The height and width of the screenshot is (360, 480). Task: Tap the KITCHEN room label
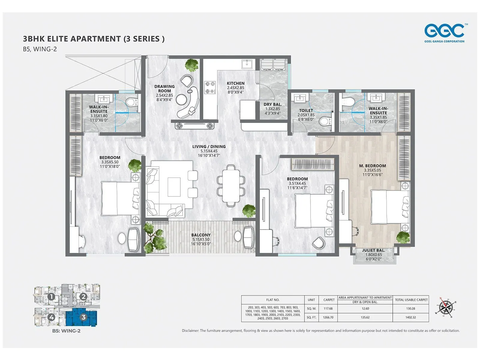(x=235, y=83)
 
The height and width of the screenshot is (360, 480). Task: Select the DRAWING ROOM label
(x=164, y=88)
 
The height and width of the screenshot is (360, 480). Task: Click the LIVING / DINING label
(x=209, y=147)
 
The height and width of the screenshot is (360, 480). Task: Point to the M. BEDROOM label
(x=372, y=166)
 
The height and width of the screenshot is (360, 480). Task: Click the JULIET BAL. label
(x=373, y=250)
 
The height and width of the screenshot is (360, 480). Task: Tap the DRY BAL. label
(x=273, y=104)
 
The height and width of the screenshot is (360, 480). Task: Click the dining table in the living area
(x=231, y=186)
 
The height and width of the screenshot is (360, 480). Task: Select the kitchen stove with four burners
(x=210, y=87)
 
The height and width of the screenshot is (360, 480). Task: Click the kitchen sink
(x=247, y=64)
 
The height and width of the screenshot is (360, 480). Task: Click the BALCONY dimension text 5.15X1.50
(x=201, y=239)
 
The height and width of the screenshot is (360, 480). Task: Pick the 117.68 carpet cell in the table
(x=328, y=308)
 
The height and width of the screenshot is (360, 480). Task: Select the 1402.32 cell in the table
(x=410, y=317)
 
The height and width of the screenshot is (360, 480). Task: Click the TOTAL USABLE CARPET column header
(x=411, y=300)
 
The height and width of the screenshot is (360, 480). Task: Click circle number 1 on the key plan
(x=51, y=297)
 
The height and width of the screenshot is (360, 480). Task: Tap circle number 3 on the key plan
(x=83, y=317)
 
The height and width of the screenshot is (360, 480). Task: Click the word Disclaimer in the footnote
(x=190, y=331)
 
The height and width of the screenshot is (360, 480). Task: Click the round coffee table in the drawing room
(x=181, y=99)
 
